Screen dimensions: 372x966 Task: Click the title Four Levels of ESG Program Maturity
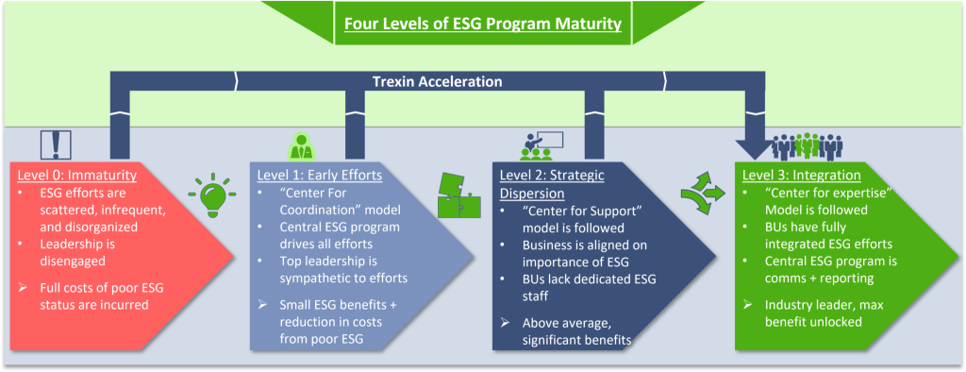tap(482, 24)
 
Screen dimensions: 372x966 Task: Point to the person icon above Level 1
tap(301, 148)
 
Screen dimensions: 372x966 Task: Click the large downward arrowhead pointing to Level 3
tap(758, 149)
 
